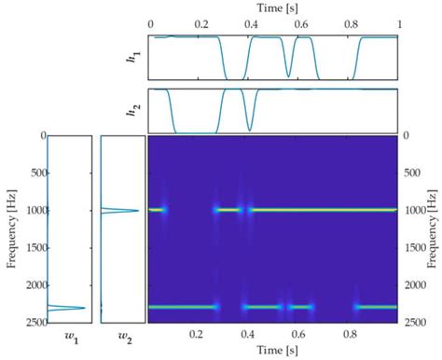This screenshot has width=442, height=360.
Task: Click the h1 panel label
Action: click(133, 58)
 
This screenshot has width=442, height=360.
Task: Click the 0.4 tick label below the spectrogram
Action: click(248, 333)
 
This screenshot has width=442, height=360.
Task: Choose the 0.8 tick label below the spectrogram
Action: click(349, 333)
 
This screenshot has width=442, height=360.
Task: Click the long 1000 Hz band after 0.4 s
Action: click(326, 210)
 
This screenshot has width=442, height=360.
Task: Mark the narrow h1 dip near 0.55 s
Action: click(288, 75)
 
